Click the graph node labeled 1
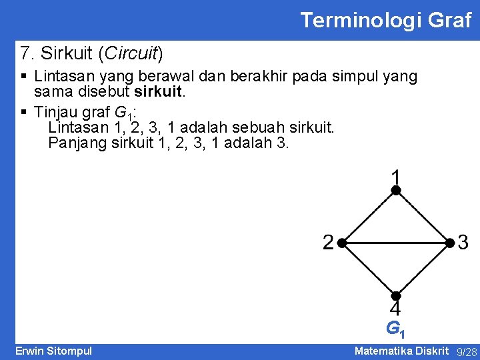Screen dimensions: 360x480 point(395,191)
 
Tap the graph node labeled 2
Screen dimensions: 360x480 point(340,243)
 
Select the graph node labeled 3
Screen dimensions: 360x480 point(450,243)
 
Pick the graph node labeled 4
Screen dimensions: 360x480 point(395,295)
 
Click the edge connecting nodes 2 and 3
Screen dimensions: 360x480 point(395,243)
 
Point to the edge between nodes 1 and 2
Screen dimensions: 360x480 point(367,217)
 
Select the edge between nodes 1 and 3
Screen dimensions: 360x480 point(423,217)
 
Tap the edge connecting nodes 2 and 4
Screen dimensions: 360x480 point(367,269)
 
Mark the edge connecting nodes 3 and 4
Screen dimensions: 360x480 point(423,269)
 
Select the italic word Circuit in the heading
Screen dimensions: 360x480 point(135,52)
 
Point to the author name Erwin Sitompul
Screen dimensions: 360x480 point(53,351)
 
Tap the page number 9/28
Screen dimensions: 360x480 point(467,352)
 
